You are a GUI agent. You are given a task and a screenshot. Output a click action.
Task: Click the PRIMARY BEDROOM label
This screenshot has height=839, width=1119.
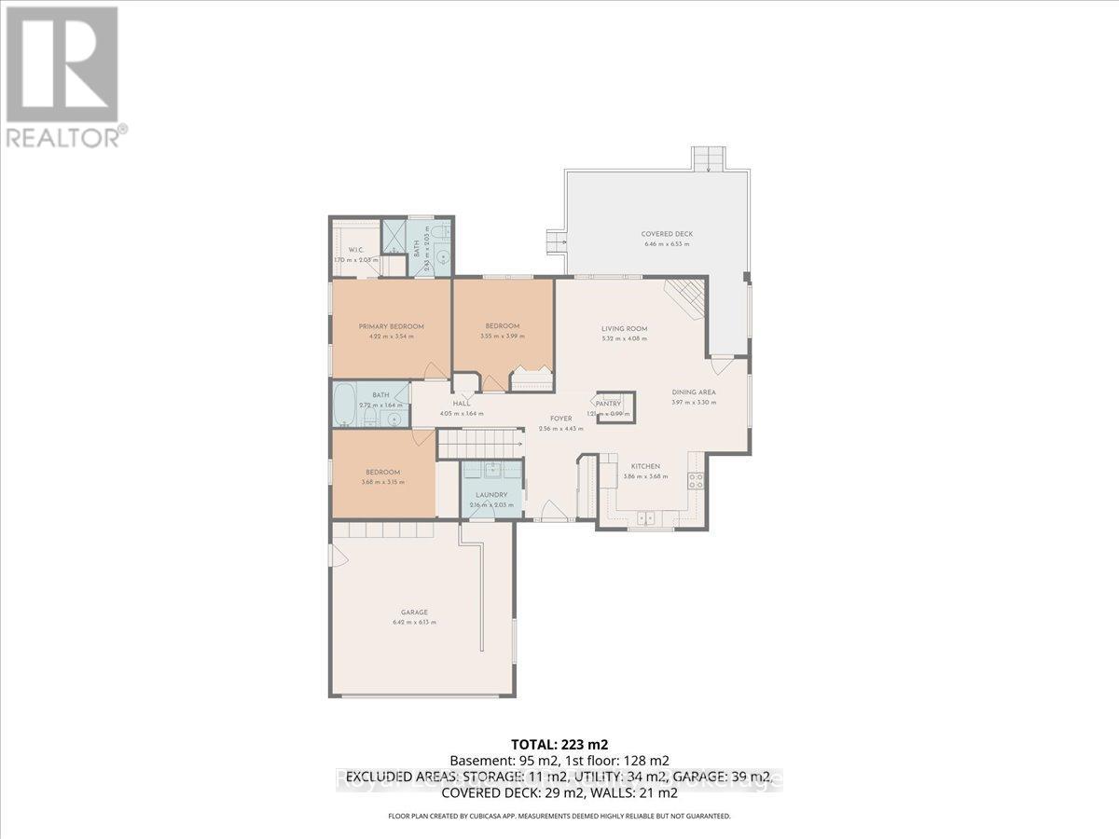coord(392,326)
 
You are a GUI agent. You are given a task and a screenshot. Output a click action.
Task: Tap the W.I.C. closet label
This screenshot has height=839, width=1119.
coord(355,250)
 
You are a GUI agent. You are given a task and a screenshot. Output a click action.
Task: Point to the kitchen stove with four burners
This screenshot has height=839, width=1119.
coord(695,481)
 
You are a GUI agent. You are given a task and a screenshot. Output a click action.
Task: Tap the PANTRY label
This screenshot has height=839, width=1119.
coord(609,404)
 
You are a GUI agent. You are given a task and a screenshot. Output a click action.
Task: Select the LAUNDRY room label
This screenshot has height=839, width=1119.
coord(491,495)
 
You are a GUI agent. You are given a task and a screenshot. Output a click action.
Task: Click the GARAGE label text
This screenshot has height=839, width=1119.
coord(414,612)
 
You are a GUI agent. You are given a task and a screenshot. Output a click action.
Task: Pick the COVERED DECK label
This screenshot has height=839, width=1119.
coord(667,234)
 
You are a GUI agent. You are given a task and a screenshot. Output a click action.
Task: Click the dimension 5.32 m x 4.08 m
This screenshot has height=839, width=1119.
coord(624,338)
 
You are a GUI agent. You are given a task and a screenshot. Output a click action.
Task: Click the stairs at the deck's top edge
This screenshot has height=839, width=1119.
coord(706,158)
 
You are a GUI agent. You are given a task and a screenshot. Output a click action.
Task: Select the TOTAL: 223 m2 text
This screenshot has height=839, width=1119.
coord(559,744)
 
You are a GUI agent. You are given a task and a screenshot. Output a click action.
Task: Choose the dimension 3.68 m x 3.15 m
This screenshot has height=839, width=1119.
coord(382,482)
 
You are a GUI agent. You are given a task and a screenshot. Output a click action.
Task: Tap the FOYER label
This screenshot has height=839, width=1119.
coord(560,419)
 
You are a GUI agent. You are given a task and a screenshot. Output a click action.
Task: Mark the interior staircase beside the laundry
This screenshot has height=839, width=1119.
coord(477,444)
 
